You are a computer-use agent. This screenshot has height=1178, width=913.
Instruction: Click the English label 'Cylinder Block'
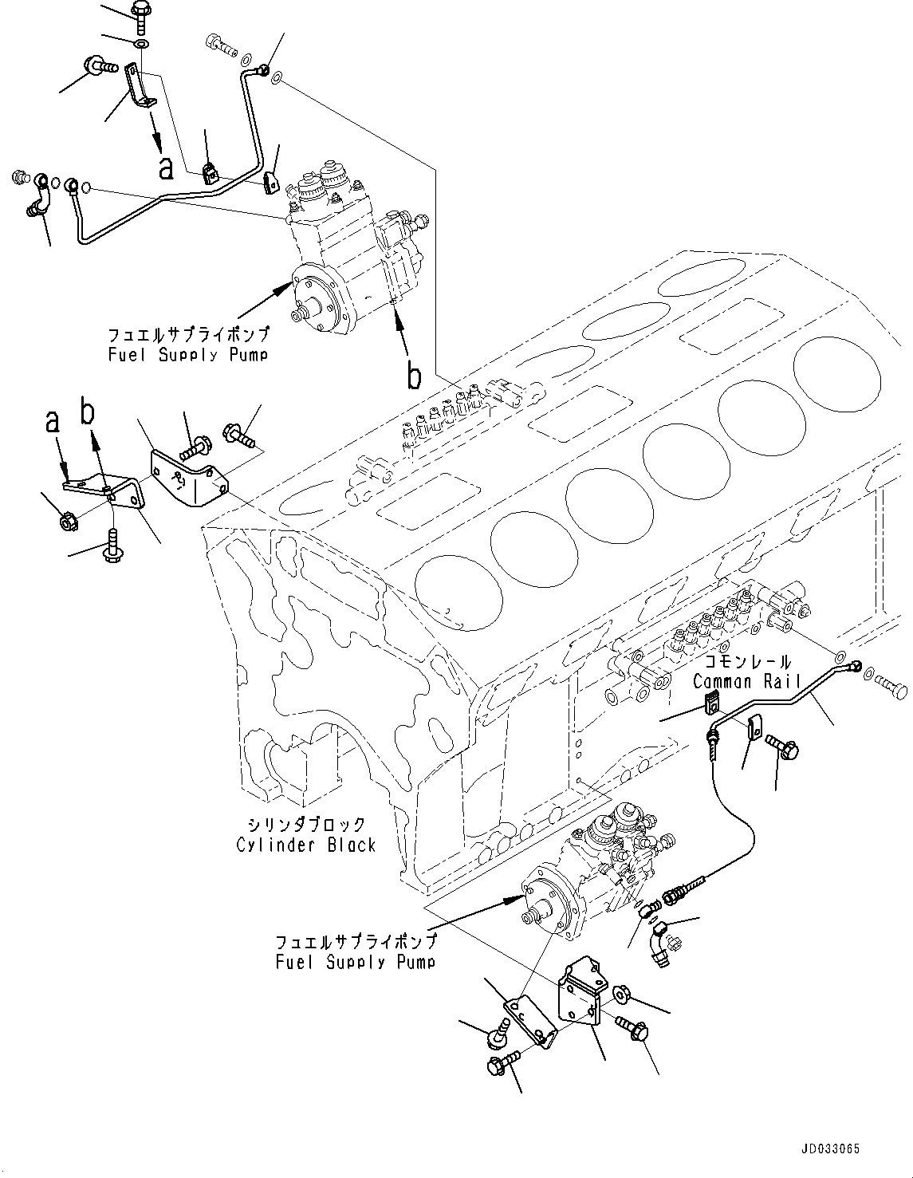tap(305, 845)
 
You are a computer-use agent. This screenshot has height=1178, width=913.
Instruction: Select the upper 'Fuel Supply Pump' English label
tap(187, 354)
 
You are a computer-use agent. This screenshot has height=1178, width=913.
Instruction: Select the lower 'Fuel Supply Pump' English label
tap(355, 962)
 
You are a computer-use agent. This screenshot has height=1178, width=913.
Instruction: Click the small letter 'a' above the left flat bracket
tap(53, 423)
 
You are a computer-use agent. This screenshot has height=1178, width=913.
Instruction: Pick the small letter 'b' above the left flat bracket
tap(88, 412)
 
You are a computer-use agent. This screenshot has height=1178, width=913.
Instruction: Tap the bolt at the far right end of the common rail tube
tap(890, 684)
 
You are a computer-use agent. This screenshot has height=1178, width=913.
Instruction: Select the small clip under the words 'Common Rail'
tap(710, 703)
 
